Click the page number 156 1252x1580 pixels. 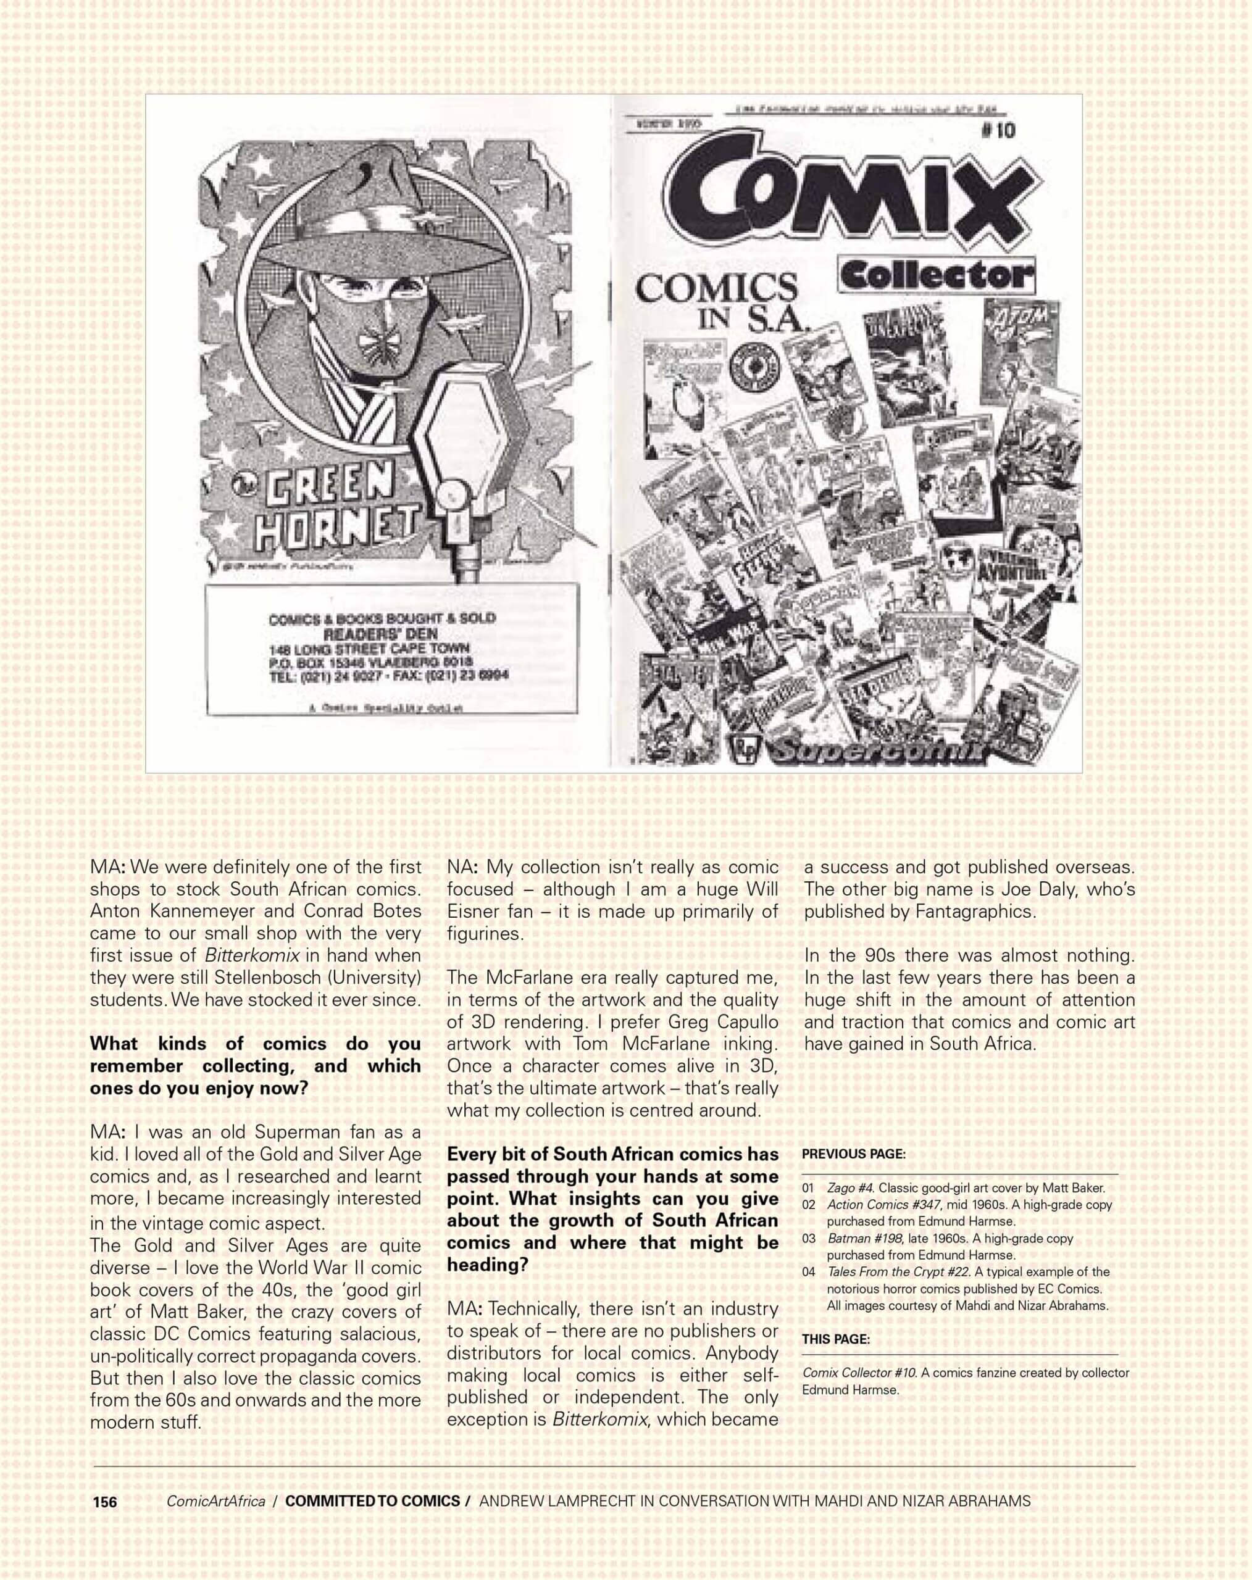coord(105,1502)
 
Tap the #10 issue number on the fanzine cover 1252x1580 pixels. coord(998,130)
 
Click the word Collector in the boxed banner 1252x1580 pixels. coord(935,276)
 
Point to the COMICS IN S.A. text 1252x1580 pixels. coord(717,300)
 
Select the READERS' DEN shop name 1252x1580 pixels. coord(380,634)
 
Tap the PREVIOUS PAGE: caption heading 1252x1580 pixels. coord(853,1154)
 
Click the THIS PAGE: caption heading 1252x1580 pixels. coord(836,1339)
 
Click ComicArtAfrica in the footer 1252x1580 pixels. coord(215,1502)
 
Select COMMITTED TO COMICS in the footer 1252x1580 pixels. coord(372,1502)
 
